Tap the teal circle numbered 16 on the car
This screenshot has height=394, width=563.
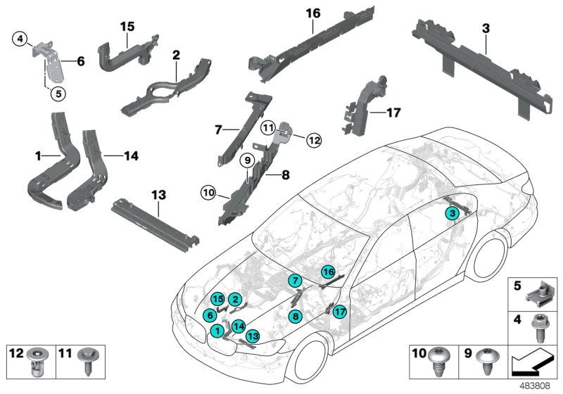[328, 272]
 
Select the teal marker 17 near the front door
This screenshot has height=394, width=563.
[341, 312]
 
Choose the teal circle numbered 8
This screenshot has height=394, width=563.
[296, 317]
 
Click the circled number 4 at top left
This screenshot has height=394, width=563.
[21, 38]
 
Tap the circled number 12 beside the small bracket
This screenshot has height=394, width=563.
[313, 141]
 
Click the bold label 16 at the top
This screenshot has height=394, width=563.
[313, 12]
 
